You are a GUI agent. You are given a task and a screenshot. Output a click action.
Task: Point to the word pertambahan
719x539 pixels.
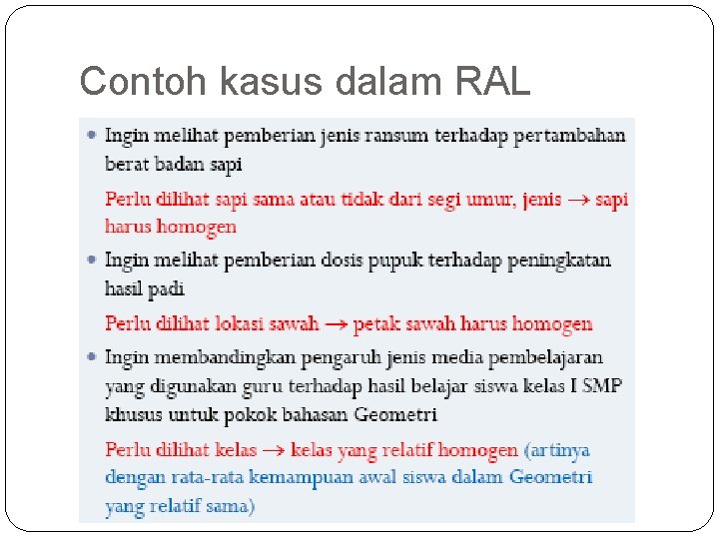tap(569, 135)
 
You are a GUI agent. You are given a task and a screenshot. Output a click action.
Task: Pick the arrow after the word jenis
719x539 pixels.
tap(578, 200)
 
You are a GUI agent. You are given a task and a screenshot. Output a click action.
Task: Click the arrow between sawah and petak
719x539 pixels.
tap(336, 323)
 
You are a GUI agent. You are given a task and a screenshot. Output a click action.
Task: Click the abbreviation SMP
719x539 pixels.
tap(602, 385)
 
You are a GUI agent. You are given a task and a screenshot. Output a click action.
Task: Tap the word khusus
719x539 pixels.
tap(134, 413)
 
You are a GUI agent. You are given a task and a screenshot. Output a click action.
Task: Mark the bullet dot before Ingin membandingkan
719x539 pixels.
tap(91, 356)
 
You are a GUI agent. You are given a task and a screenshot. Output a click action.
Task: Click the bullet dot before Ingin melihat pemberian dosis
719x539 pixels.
tap(91, 260)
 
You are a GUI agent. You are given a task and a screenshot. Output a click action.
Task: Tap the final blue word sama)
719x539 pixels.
tap(231, 506)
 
